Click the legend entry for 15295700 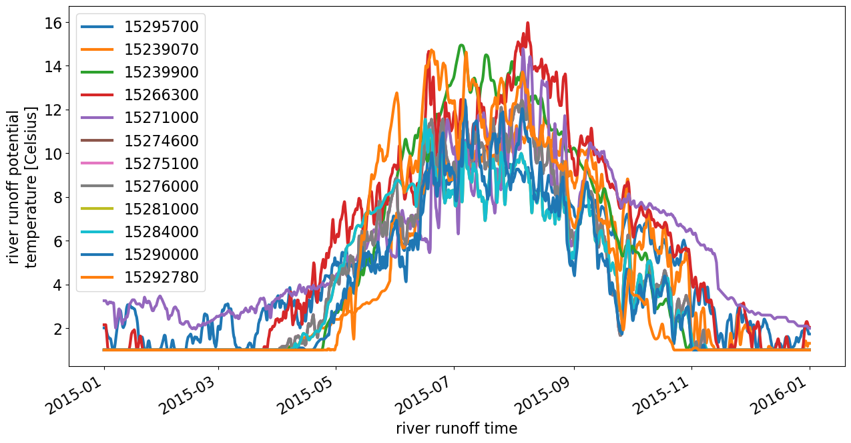click(161, 27)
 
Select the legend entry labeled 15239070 click(161, 49)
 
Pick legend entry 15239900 click(161, 72)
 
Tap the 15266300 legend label click(161, 95)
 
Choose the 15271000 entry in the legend click(161, 118)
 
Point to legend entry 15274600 click(161, 141)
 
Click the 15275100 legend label click(161, 164)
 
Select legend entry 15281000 click(161, 209)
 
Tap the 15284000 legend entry click(161, 232)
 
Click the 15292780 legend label click(161, 277)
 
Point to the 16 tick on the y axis click(53, 23)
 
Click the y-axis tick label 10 click(53, 154)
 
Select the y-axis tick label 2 click(57, 329)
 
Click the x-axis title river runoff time click(457, 428)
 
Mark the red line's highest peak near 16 click(528, 23)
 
